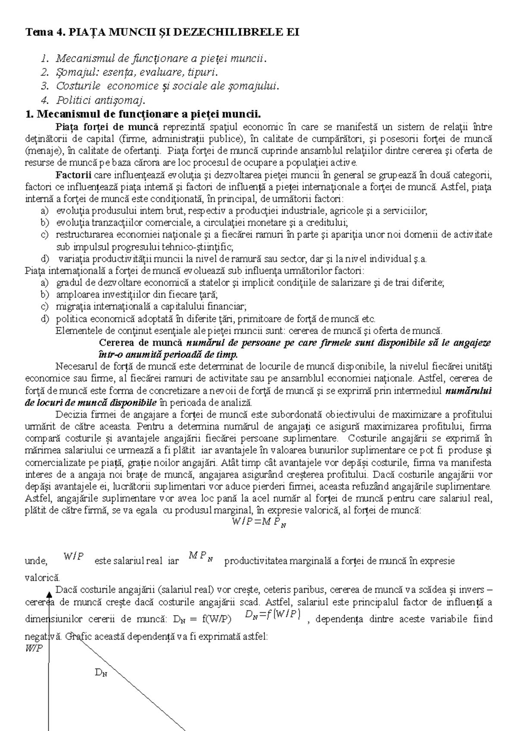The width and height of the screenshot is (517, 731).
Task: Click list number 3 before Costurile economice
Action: pyautogui.click(x=44, y=86)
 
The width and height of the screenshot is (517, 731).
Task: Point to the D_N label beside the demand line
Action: pyautogui.click(x=100, y=672)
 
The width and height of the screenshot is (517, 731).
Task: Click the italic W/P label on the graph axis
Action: pyautogui.click(x=34, y=650)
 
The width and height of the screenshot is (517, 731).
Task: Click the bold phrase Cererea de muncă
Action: pyautogui.click(x=141, y=343)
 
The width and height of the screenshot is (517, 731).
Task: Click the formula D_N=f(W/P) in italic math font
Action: pyautogui.click(x=271, y=615)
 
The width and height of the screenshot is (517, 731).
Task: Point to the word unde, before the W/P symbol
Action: pyautogui.click(x=36, y=561)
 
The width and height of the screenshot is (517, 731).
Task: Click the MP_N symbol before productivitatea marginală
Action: pyautogui.click(x=201, y=558)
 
